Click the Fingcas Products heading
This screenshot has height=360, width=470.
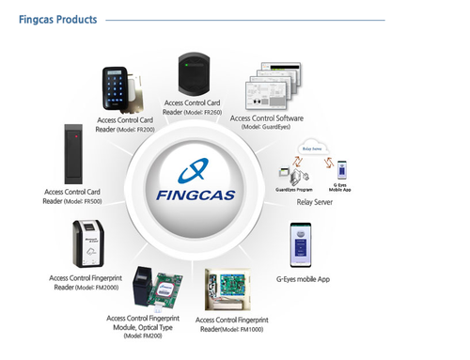tap(57, 20)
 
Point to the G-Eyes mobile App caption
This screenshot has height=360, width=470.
tap(303, 279)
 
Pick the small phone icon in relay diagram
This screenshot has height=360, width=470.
tap(342, 169)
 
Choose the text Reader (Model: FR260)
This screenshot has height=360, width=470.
tap(193, 112)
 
